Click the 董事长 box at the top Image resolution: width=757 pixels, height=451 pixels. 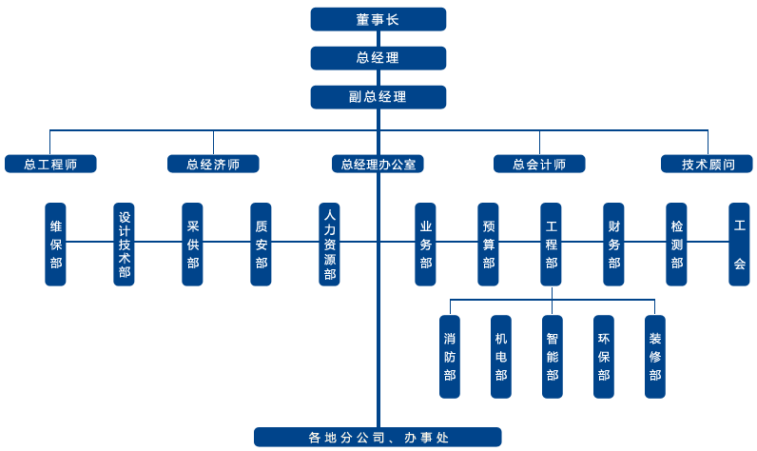coord(378,19)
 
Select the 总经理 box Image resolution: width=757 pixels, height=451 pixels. coord(378,58)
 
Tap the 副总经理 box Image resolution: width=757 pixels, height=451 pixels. coord(378,97)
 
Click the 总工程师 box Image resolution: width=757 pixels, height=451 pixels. coord(50,164)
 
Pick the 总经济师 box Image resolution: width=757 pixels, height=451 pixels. coord(213,164)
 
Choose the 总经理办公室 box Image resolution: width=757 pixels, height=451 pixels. coord(378,164)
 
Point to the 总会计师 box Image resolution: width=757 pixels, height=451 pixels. coord(539,164)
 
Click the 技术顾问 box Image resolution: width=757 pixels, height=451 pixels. coord(708,164)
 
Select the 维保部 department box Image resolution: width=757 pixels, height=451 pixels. coord(56,244)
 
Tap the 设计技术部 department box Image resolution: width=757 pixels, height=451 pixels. coord(125,244)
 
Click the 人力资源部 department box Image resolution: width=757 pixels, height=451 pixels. coord(330,244)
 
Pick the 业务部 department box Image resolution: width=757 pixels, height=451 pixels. coord(425,244)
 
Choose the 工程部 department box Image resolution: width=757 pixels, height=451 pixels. coord(551,244)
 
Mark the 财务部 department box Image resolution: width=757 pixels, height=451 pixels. coord(613,244)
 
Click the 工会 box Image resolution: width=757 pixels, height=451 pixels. coord(739,244)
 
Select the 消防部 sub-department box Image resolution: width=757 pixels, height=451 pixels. coord(450,356)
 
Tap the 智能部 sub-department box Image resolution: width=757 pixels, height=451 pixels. coord(553,356)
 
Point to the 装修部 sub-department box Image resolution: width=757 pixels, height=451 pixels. coord(655,356)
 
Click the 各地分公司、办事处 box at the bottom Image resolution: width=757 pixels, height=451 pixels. coord(378,438)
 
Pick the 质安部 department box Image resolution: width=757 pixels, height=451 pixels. coord(262,244)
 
